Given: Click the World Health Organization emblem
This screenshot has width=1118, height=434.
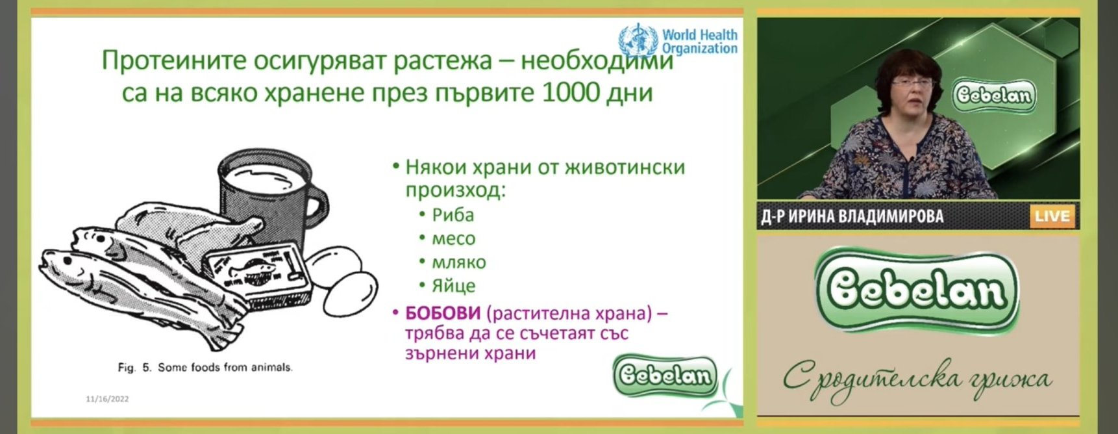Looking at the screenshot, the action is [638, 40].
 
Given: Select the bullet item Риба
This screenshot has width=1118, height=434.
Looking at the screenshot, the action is [453, 215].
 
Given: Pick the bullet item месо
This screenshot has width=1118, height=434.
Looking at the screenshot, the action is [454, 239].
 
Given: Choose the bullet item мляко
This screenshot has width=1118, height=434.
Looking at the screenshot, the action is [459, 262].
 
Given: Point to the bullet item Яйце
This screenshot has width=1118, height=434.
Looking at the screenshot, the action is [454, 286].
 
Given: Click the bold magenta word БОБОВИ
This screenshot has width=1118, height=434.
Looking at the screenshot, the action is [443, 313].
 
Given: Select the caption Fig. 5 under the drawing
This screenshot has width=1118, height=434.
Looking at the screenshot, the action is [205, 368].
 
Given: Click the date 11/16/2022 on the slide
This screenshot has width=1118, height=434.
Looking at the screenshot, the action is [107, 399].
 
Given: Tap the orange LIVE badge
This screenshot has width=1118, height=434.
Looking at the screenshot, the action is [1052, 216].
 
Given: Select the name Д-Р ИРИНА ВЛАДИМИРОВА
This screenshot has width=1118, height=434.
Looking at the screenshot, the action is [852, 216].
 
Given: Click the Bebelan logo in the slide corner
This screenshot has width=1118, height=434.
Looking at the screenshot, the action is [665, 376].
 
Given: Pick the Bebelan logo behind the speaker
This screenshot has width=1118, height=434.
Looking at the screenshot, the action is [993, 96].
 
